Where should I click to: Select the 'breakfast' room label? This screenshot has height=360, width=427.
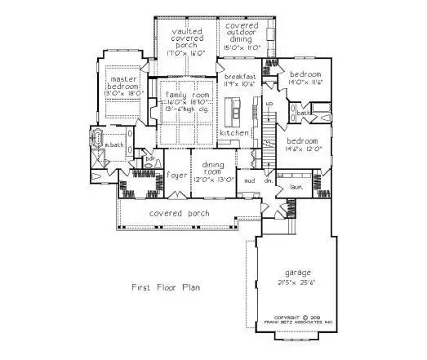pyautogui.click(x=240, y=76)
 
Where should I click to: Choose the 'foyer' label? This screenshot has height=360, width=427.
pyautogui.click(x=176, y=175)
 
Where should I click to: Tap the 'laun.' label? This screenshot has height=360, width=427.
pyautogui.click(x=296, y=187)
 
